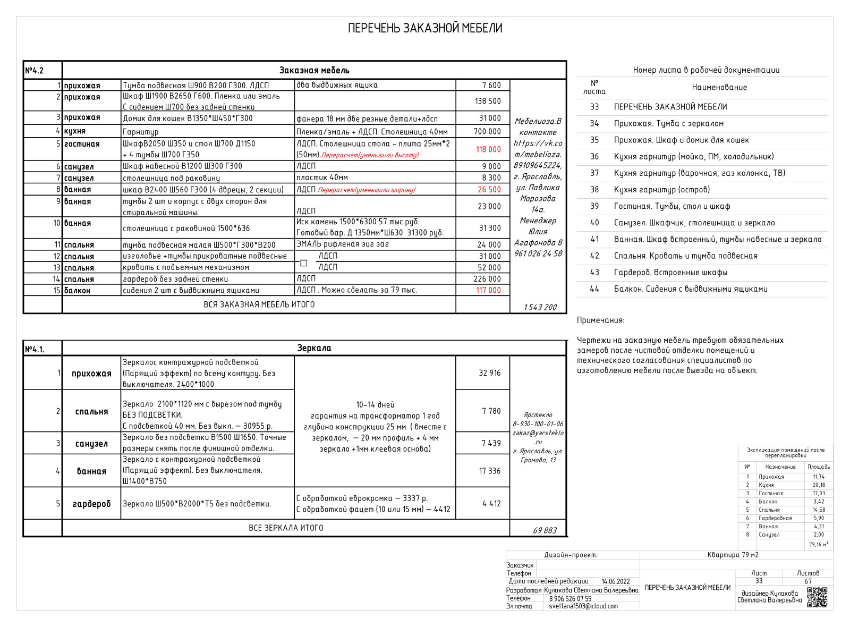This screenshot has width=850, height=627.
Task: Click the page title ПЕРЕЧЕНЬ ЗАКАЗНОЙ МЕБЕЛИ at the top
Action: click(x=425, y=28)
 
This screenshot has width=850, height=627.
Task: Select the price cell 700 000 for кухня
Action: click(x=487, y=131)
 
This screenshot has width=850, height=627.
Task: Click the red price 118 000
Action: click(x=488, y=149)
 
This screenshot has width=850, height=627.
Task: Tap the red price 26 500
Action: click(x=489, y=189)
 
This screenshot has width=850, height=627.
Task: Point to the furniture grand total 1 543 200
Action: click(x=540, y=307)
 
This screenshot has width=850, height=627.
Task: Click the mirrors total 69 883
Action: click(x=545, y=530)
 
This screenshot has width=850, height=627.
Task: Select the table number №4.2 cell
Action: click(x=35, y=71)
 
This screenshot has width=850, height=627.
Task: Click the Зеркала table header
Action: click(x=314, y=348)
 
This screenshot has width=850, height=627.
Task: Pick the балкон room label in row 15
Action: click(x=78, y=291)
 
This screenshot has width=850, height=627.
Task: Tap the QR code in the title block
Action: click(x=817, y=597)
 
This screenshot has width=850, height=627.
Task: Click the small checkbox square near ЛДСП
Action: click(x=304, y=263)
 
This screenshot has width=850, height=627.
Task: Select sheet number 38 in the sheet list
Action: click(x=594, y=190)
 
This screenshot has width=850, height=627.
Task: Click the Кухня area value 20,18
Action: click(x=819, y=485)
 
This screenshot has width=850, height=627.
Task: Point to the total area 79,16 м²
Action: click(x=818, y=545)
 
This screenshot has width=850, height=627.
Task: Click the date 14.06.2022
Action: click(x=615, y=581)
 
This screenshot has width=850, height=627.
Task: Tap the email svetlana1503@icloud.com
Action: click(x=583, y=606)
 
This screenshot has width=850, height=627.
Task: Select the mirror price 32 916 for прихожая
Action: click(x=489, y=373)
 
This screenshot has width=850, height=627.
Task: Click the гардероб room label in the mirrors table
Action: click(x=92, y=504)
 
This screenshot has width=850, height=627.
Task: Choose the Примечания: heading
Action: click(x=601, y=320)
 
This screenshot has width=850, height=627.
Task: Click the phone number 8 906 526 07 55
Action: click(x=570, y=598)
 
